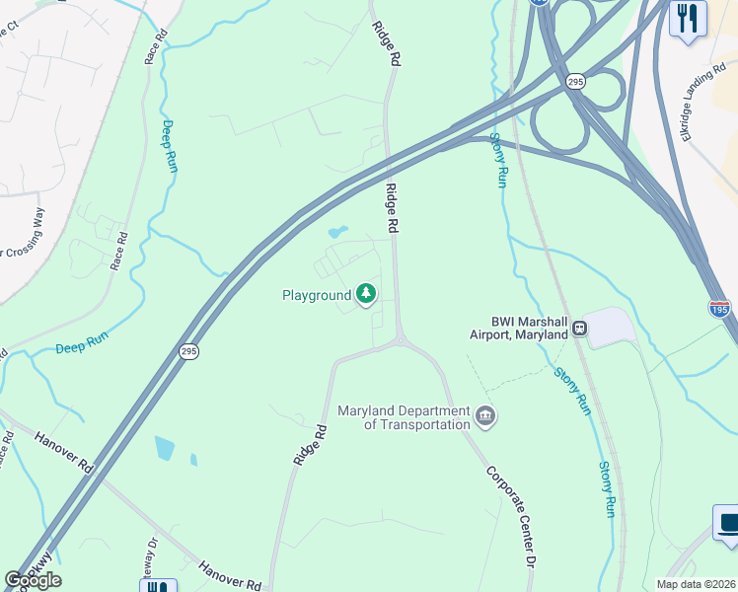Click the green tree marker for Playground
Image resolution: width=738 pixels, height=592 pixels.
tap(367, 293)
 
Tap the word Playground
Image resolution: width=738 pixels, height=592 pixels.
tap(317, 295)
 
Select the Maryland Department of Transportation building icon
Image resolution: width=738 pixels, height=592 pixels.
tap(485, 416)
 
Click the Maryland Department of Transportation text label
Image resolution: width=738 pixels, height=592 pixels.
tap(404, 417)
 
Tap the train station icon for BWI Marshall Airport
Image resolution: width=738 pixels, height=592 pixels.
tap(579, 327)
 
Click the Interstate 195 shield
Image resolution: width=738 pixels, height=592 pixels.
tap(719, 309)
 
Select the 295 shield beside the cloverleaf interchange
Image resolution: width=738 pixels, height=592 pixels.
tap(575, 82)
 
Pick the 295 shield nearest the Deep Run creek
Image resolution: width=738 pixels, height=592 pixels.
tap(188, 351)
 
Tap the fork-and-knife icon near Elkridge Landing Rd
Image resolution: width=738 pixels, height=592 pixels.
tap(688, 18)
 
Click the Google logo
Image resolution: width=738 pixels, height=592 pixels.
tap(33, 580)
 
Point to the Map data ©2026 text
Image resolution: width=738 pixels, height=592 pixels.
tap(696, 584)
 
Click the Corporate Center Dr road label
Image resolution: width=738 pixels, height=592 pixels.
tap(511, 517)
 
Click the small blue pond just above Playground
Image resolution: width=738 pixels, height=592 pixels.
tap(337, 233)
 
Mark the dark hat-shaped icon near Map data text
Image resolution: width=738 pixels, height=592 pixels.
tap(728, 523)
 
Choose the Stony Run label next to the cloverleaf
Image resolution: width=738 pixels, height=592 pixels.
tap(498, 160)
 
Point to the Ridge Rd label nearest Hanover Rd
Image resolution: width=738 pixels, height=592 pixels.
tap(310, 445)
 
